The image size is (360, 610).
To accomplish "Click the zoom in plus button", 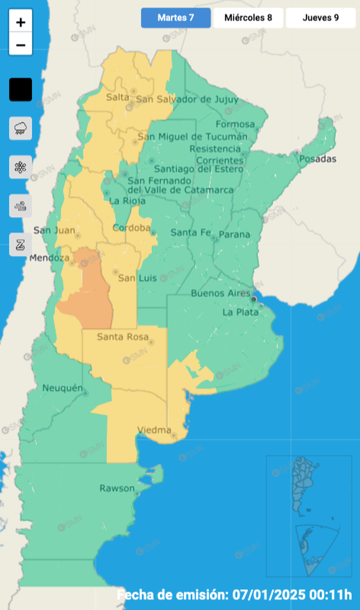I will pos(21,23).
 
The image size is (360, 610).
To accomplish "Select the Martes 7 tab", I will pos(175,18).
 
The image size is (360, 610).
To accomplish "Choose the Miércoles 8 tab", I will pos(248,18).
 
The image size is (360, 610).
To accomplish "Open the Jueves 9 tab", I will pos(320,18).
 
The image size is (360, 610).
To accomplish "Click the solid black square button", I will pos(21,90).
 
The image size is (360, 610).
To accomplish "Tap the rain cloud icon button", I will pos(21,128).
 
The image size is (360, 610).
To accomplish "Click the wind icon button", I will pos(21,206).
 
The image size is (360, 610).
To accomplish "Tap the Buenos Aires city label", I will pos(217,293).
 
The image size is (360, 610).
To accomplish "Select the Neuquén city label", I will pos(61,388).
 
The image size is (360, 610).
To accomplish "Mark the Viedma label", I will pos(153,429).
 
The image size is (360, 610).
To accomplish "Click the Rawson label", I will pos(116,488).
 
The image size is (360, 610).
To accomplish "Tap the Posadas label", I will pos(318,159).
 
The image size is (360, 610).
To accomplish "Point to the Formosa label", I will pos(235,124).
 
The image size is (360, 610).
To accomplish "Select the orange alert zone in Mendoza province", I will pos(89,295).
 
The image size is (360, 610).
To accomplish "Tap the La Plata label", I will pos(240,312).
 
